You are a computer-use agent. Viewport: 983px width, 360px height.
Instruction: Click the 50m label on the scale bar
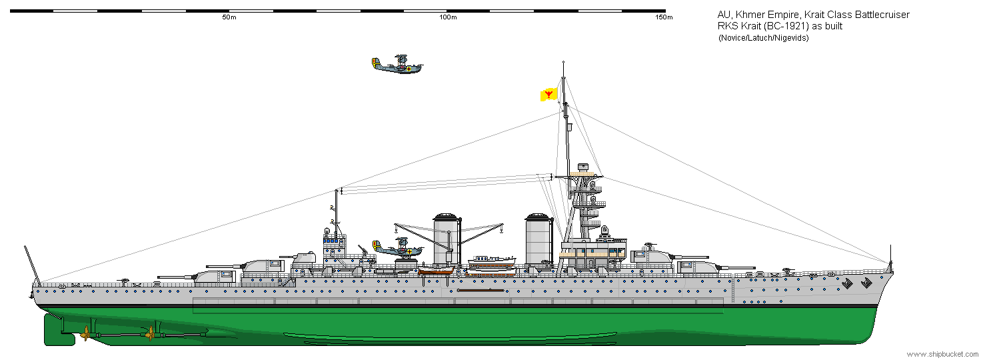(229, 17)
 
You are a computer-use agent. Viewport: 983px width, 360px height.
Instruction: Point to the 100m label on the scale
(449, 17)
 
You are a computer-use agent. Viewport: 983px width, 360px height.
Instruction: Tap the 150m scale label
(664, 17)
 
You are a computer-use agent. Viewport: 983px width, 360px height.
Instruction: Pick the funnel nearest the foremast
(537, 240)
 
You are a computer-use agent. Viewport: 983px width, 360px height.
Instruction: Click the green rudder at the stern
(57, 329)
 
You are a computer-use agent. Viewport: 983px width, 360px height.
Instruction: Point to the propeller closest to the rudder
(86, 333)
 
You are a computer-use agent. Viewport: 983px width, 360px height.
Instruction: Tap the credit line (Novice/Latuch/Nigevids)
(763, 38)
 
